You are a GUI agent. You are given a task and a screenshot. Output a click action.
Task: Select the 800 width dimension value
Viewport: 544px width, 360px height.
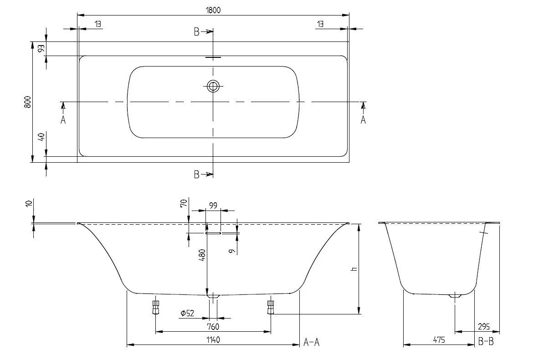point(27,102)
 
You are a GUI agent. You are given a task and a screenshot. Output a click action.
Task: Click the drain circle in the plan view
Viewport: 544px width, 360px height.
point(213,86)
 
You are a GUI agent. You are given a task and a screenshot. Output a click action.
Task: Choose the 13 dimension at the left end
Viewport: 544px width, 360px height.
point(98,24)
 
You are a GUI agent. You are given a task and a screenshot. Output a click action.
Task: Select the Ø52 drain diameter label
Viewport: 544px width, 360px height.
point(187,314)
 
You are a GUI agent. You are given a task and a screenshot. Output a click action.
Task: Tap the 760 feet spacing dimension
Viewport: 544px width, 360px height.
point(213,326)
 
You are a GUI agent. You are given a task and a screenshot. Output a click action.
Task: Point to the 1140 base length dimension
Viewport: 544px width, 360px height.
point(213,340)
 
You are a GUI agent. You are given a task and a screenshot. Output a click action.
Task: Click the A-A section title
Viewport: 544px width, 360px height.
point(312,342)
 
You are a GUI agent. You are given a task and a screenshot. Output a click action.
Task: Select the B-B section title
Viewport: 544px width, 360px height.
point(486,342)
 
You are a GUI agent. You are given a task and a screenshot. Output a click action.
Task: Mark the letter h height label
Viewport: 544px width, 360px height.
point(354,269)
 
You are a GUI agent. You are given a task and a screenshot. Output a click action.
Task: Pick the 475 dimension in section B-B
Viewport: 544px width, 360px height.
point(438,340)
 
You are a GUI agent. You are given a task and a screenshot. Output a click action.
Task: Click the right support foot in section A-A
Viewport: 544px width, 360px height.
point(271,307)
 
